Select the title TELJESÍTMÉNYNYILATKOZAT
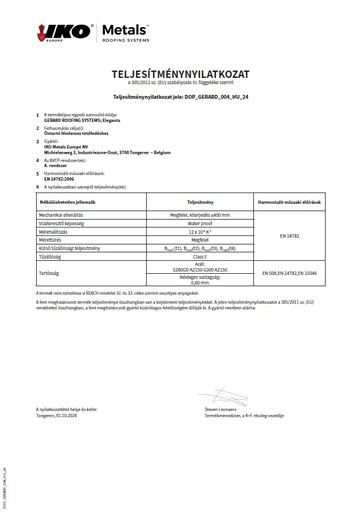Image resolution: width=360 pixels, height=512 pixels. point(180,74)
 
